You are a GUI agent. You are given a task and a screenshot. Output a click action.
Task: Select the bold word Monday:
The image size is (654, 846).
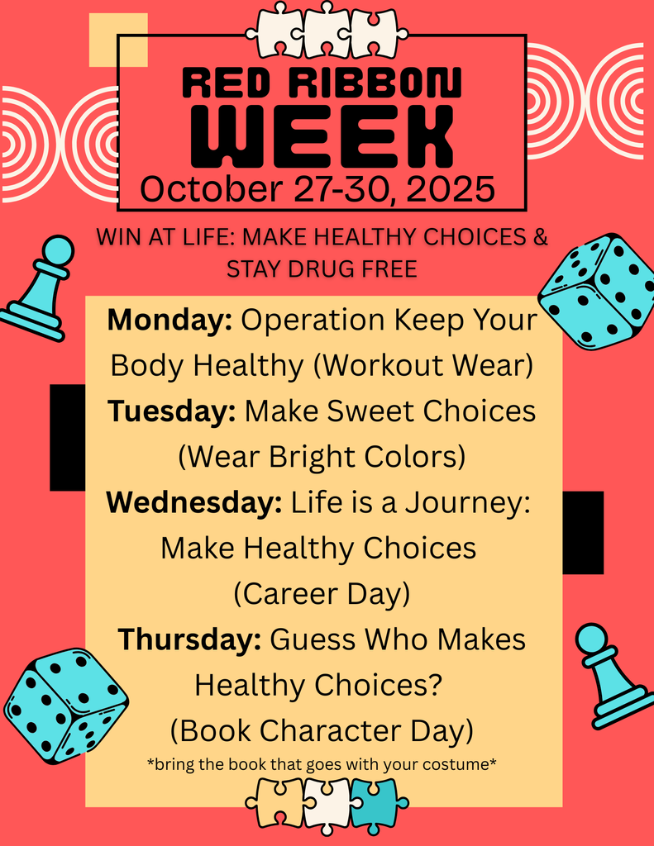(169, 321)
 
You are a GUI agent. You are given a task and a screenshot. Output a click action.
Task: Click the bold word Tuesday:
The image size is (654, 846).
(171, 411)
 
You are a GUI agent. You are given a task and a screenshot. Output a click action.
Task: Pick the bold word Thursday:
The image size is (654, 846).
(189, 639)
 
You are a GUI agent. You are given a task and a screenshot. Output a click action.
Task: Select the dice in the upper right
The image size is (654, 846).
(598, 291)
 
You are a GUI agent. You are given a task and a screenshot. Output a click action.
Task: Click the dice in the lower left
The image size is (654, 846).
(66, 705)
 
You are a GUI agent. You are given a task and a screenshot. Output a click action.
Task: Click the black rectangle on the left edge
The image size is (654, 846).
(67, 437)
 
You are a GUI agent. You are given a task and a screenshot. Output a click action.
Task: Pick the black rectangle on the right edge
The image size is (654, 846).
(583, 532)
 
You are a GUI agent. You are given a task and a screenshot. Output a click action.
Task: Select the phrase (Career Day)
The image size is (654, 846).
(322, 593)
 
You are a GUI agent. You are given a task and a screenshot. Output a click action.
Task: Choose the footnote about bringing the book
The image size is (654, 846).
(322, 764)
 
